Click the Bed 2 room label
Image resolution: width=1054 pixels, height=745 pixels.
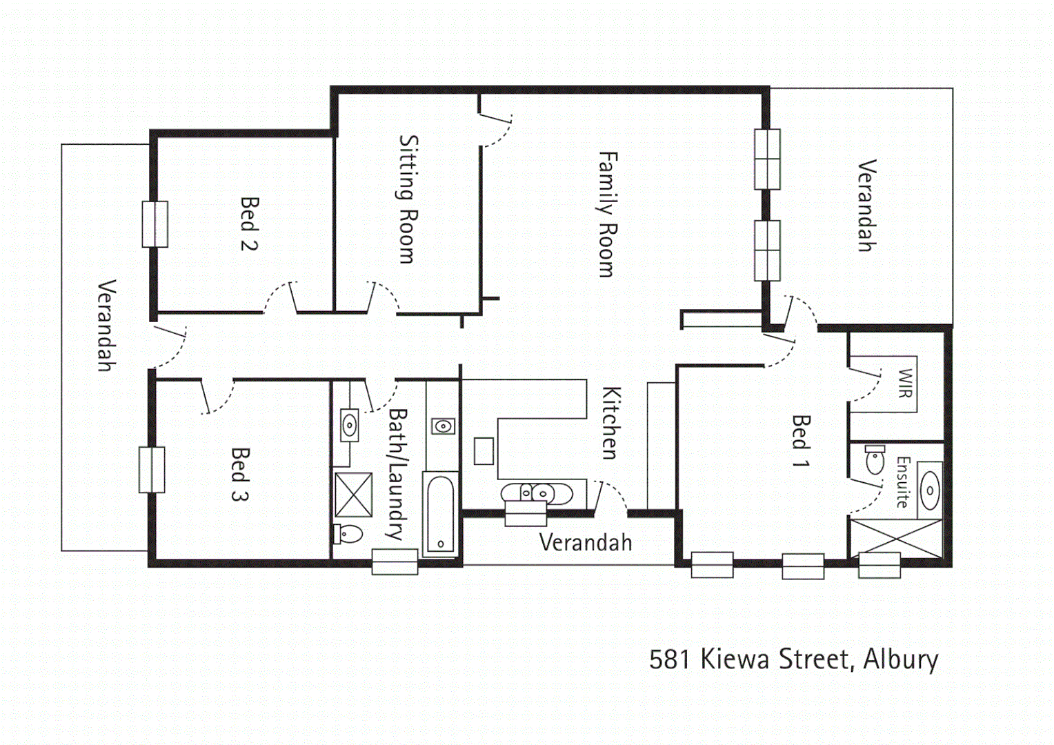pos(249,223)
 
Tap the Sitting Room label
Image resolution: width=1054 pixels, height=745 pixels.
pos(408,199)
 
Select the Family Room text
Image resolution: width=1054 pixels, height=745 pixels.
pos(606,215)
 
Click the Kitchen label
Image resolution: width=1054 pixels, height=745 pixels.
pos(610,423)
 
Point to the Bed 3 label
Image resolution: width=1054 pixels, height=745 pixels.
pos(239,474)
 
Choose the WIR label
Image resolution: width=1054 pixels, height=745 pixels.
pos(905,384)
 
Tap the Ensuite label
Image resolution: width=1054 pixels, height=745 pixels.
pos(902,481)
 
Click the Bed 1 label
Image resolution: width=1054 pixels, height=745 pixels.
pos(800,441)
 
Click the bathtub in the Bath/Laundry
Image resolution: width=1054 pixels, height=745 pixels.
pos(440,513)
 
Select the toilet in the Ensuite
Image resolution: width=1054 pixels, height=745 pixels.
pos(875,460)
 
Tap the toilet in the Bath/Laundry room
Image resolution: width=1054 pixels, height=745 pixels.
pos(348,534)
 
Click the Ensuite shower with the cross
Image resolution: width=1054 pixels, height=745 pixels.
pos(895,538)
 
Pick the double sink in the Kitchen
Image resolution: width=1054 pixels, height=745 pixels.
pos(536,493)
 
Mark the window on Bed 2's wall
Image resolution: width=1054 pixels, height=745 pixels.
pos(155,224)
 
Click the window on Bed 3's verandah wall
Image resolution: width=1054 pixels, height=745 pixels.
pos(152,470)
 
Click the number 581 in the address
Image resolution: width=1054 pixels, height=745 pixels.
pos(669,659)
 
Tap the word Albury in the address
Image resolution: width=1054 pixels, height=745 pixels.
pos(900,659)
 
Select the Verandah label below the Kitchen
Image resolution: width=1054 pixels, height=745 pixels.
pos(585,543)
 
